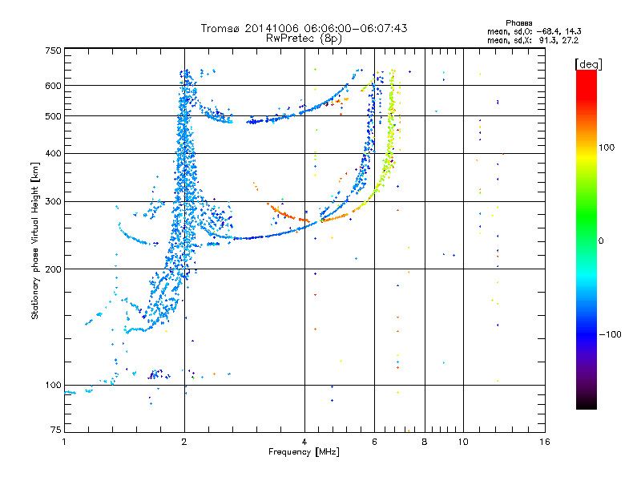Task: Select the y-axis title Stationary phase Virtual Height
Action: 35,240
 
